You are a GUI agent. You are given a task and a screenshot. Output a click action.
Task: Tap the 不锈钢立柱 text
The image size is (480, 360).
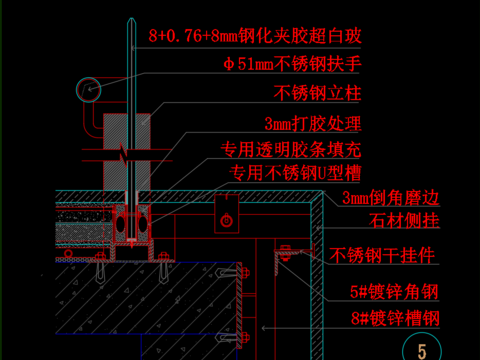[x=317, y=95]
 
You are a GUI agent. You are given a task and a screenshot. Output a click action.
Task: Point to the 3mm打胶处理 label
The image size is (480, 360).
[x=312, y=125]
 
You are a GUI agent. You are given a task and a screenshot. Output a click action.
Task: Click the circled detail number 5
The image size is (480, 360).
[x=422, y=350]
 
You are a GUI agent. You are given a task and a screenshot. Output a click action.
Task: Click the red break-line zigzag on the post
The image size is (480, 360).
[x=120, y=155]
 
